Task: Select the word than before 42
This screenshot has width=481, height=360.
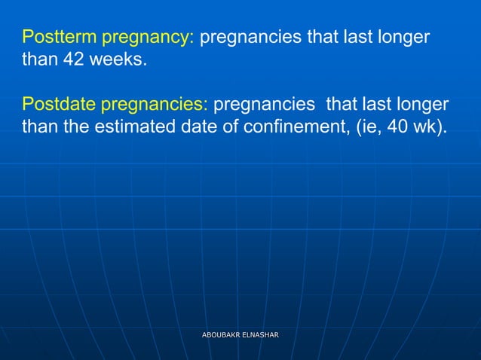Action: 38,59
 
